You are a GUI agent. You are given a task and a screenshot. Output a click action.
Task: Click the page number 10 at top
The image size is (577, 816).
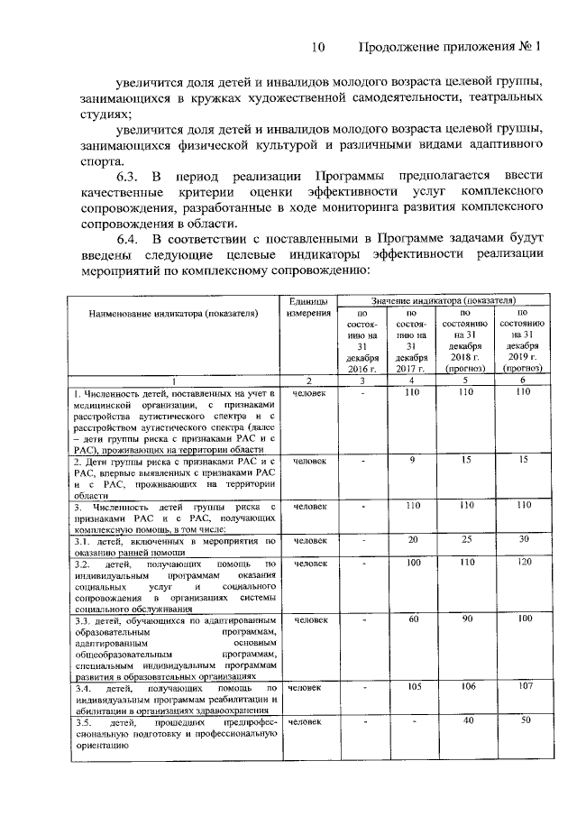click(316, 46)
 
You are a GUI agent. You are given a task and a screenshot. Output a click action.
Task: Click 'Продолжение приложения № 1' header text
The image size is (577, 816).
click(450, 46)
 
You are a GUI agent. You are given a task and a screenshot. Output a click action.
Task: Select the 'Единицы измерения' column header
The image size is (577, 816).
click(308, 307)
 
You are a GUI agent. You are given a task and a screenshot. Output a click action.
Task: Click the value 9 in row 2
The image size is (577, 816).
click(411, 460)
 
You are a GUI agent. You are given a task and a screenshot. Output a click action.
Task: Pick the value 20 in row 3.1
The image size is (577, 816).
click(413, 540)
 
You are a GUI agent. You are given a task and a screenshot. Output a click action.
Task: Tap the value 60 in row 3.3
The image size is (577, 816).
click(413, 620)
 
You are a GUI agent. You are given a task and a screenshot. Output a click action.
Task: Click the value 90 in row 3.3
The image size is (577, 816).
click(468, 620)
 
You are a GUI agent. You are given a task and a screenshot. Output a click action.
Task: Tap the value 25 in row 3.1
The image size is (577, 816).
click(467, 540)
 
